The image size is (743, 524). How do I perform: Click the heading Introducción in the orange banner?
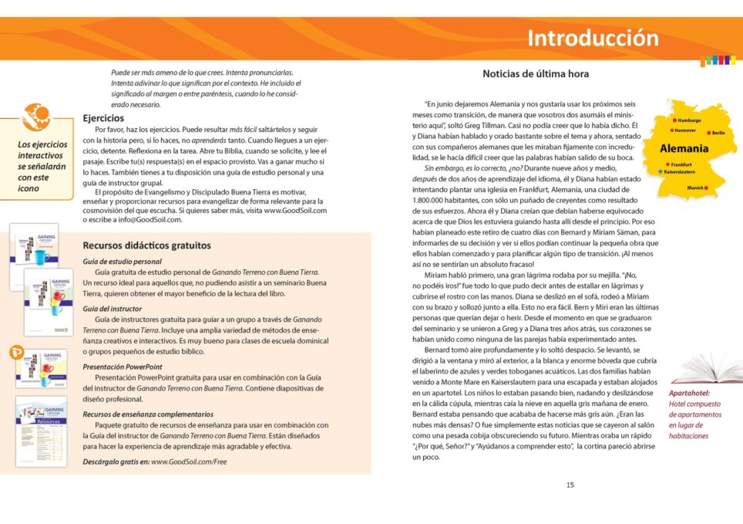click(x=593, y=38)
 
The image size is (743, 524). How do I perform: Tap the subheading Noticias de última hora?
click(x=536, y=74)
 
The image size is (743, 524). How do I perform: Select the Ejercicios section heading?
click(x=103, y=118)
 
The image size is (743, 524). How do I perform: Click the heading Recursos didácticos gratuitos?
click(x=146, y=245)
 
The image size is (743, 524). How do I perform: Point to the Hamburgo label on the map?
click(x=689, y=121)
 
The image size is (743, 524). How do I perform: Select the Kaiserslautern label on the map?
click(x=679, y=172)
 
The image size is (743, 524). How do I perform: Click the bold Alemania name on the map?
click(x=684, y=148)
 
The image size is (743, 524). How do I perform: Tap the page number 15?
click(x=570, y=485)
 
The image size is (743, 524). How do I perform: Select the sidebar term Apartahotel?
click(x=690, y=393)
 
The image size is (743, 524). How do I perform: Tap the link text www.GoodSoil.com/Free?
click(x=189, y=461)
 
